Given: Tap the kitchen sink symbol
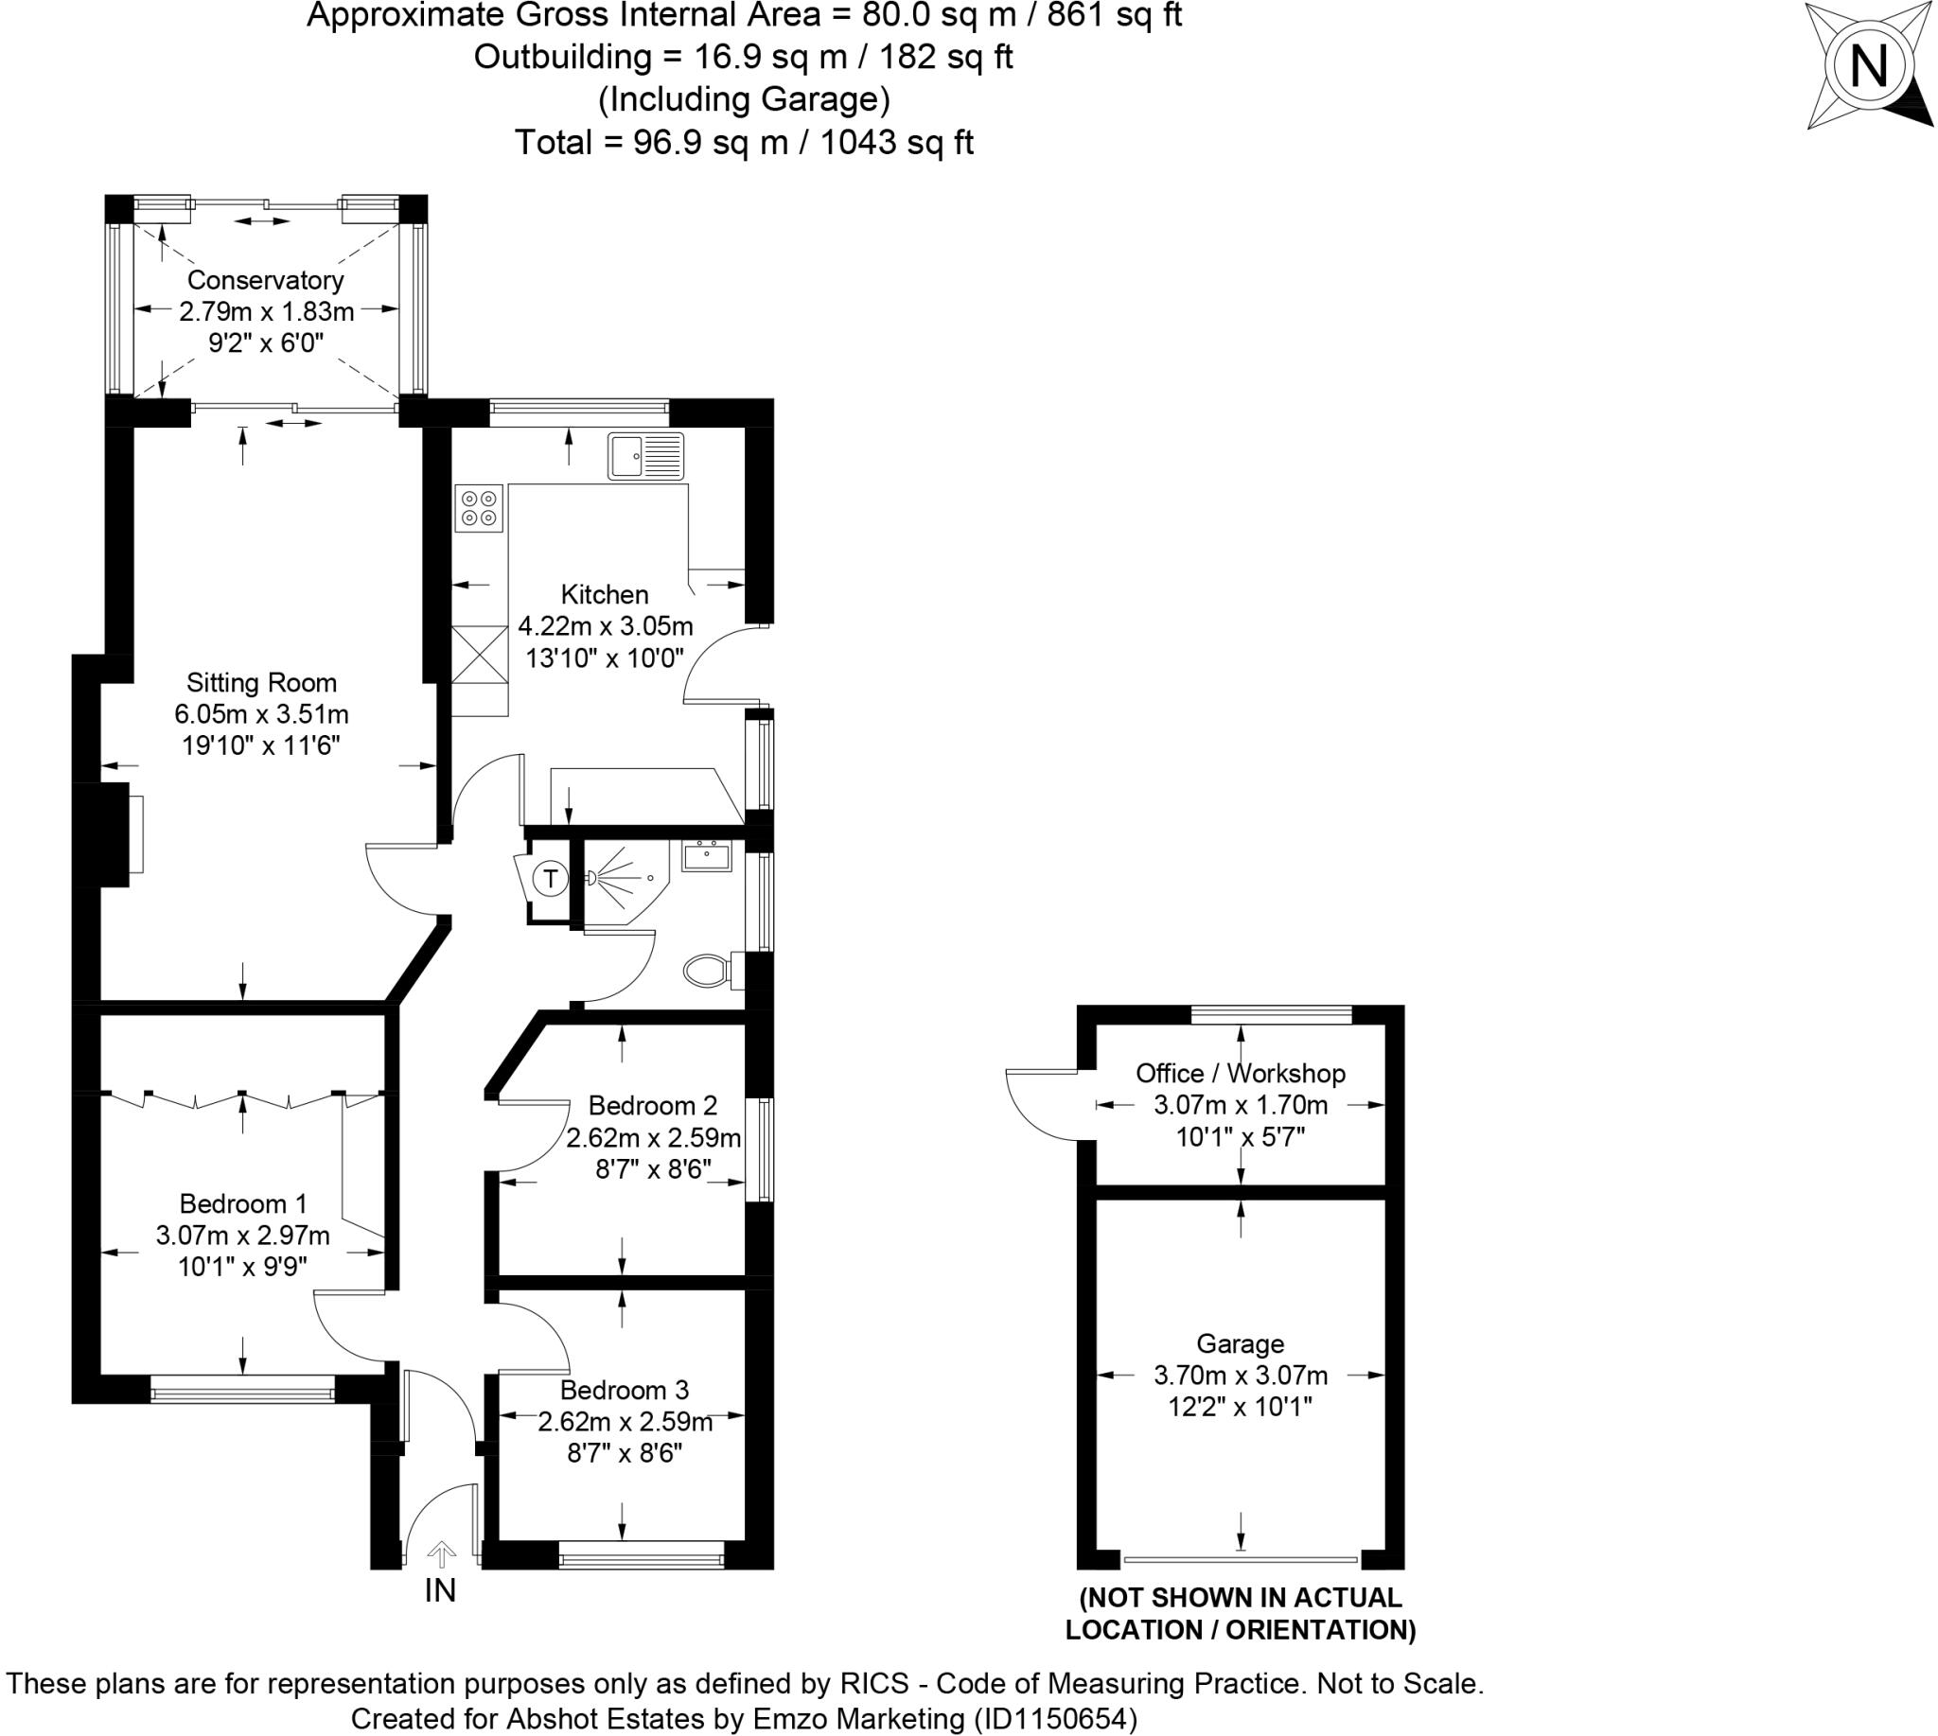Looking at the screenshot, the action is tap(646, 456).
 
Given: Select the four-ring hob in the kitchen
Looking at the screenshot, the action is tap(478, 508).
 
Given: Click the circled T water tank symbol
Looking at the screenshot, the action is tap(551, 878).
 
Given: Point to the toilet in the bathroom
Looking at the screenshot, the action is tap(707, 971).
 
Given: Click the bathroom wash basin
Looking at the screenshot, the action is tap(706, 855).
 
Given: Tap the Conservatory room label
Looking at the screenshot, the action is tap(265, 280).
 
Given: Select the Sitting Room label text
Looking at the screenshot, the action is tap(261, 683).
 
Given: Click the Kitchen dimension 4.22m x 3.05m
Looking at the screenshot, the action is tap(605, 626).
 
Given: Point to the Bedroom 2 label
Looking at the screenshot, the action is tap(653, 1106).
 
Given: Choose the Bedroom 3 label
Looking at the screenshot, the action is tap(624, 1390).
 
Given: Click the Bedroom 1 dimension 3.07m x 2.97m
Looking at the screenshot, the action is tap(242, 1236).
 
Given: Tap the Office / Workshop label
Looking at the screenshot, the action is tap(1241, 1073).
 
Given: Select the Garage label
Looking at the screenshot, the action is tap(1241, 1344).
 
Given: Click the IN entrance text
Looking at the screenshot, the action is tap(440, 1590).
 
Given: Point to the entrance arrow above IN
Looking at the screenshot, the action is tap(440, 1554).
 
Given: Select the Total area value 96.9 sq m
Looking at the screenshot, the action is tap(710, 142).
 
